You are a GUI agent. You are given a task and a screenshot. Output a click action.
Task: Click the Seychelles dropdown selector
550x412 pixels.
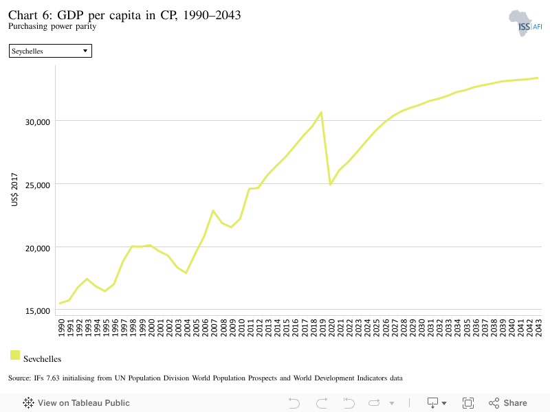[50, 51]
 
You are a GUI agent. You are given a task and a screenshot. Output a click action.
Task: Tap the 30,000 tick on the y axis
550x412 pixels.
[38, 122]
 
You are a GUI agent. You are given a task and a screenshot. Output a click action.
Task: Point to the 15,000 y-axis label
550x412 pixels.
[38, 311]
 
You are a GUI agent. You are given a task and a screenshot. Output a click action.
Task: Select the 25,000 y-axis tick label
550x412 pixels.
[38, 185]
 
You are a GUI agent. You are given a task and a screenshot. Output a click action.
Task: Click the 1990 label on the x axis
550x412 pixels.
[61, 328]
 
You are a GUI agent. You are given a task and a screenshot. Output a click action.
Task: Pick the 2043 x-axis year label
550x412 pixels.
[538, 328]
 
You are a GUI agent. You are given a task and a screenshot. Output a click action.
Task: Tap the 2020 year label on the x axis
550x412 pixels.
[331, 328]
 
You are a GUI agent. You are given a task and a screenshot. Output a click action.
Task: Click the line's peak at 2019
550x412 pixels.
[321, 113]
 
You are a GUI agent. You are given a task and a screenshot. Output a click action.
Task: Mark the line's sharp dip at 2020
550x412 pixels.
[330, 184]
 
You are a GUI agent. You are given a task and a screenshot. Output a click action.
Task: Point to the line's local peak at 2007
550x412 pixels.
[213, 211]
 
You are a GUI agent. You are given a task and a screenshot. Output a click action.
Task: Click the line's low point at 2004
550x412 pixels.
[186, 273]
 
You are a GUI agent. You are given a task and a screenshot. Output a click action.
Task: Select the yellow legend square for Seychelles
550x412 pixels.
[15, 355]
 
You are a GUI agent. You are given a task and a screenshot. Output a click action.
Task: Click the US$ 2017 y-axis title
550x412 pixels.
[14, 190]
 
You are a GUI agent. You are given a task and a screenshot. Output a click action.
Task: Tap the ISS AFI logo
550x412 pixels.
[525, 23]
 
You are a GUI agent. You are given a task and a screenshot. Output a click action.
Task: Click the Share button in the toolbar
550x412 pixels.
[507, 403]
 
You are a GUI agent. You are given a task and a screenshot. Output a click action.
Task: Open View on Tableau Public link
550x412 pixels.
[76, 403]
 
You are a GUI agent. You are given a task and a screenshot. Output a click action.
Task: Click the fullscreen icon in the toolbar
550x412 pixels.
[468, 403]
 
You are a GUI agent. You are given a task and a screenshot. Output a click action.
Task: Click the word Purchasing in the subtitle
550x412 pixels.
[27, 26]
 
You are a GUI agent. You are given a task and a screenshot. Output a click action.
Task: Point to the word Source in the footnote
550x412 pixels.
[19, 378]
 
